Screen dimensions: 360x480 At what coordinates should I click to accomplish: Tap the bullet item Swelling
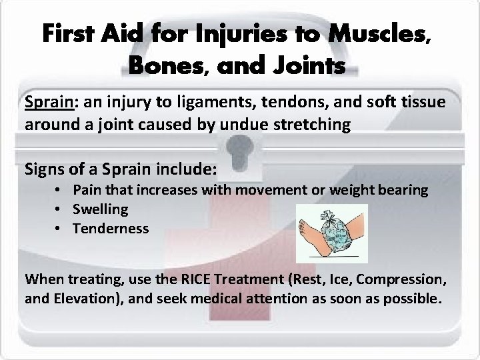click(x=101, y=209)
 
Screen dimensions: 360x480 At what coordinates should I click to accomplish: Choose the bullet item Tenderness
click(x=111, y=228)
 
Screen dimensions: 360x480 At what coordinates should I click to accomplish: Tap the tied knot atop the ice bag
click(x=329, y=214)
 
